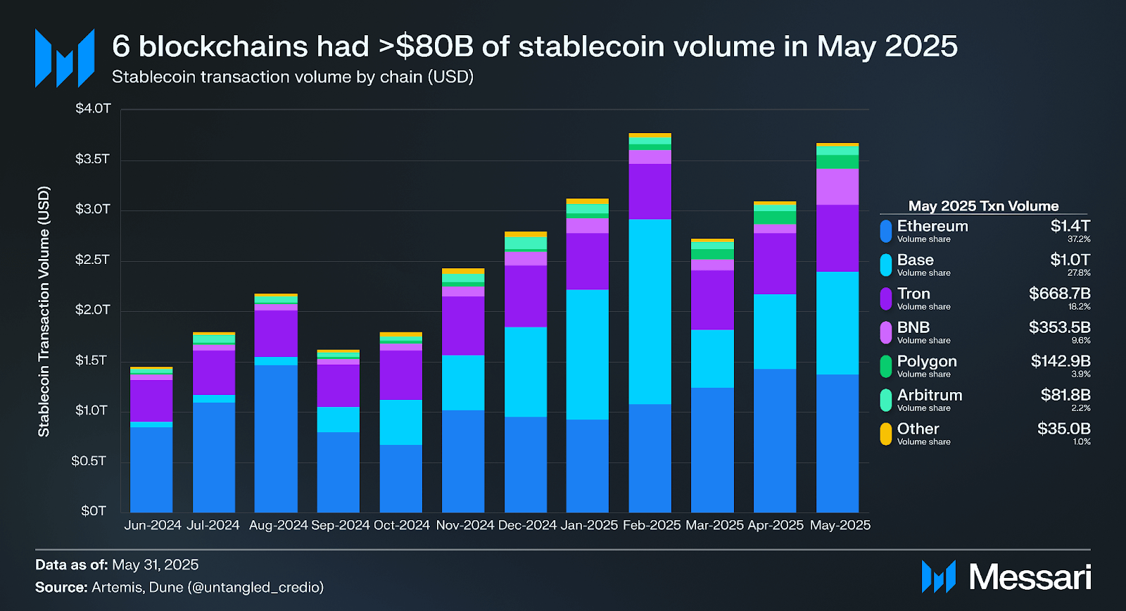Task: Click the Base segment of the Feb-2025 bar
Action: tap(650, 311)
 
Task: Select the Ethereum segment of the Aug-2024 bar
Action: tap(276, 438)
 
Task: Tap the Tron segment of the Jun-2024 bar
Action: tap(151, 401)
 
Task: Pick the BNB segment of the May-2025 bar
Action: tap(837, 187)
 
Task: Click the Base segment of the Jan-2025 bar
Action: tap(587, 354)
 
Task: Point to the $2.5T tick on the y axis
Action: tap(93, 260)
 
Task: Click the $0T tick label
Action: tap(94, 511)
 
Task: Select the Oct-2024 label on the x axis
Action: tap(401, 525)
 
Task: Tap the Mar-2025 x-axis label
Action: tap(714, 525)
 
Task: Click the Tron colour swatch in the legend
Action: tap(886, 298)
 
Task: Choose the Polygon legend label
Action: tap(926, 361)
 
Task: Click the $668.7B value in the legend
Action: tap(1059, 294)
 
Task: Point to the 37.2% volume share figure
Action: tap(1079, 239)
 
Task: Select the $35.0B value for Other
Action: tap(1063, 429)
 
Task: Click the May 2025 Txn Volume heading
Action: tap(983, 206)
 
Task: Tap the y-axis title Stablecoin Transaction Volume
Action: tap(44, 311)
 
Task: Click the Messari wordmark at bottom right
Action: tap(1029, 577)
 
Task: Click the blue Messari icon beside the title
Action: tap(65, 58)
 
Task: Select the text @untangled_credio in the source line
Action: tap(255, 587)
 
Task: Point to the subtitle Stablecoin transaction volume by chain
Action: tap(292, 77)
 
